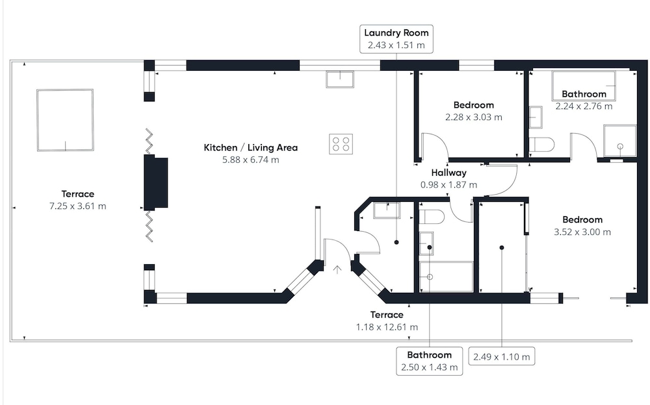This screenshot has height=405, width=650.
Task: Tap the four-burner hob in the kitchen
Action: click(x=341, y=143)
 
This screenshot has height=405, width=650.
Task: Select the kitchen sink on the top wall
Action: click(x=340, y=79)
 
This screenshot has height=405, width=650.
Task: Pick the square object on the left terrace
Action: click(x=64, y=121)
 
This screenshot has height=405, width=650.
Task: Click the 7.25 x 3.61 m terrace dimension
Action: click(x=78, y=206)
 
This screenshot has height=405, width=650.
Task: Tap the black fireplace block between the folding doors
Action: click(x=157, y=182)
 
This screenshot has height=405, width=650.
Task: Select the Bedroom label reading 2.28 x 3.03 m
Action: click(x=473, y=105)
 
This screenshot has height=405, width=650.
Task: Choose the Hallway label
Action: click(x=449, y=173)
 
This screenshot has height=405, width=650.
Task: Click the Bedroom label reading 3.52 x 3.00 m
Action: click(x=582, y=219)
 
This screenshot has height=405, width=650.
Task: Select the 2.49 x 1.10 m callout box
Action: click(x=501, y=356)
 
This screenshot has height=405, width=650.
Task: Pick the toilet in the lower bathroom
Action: click(x=431, y=216)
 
